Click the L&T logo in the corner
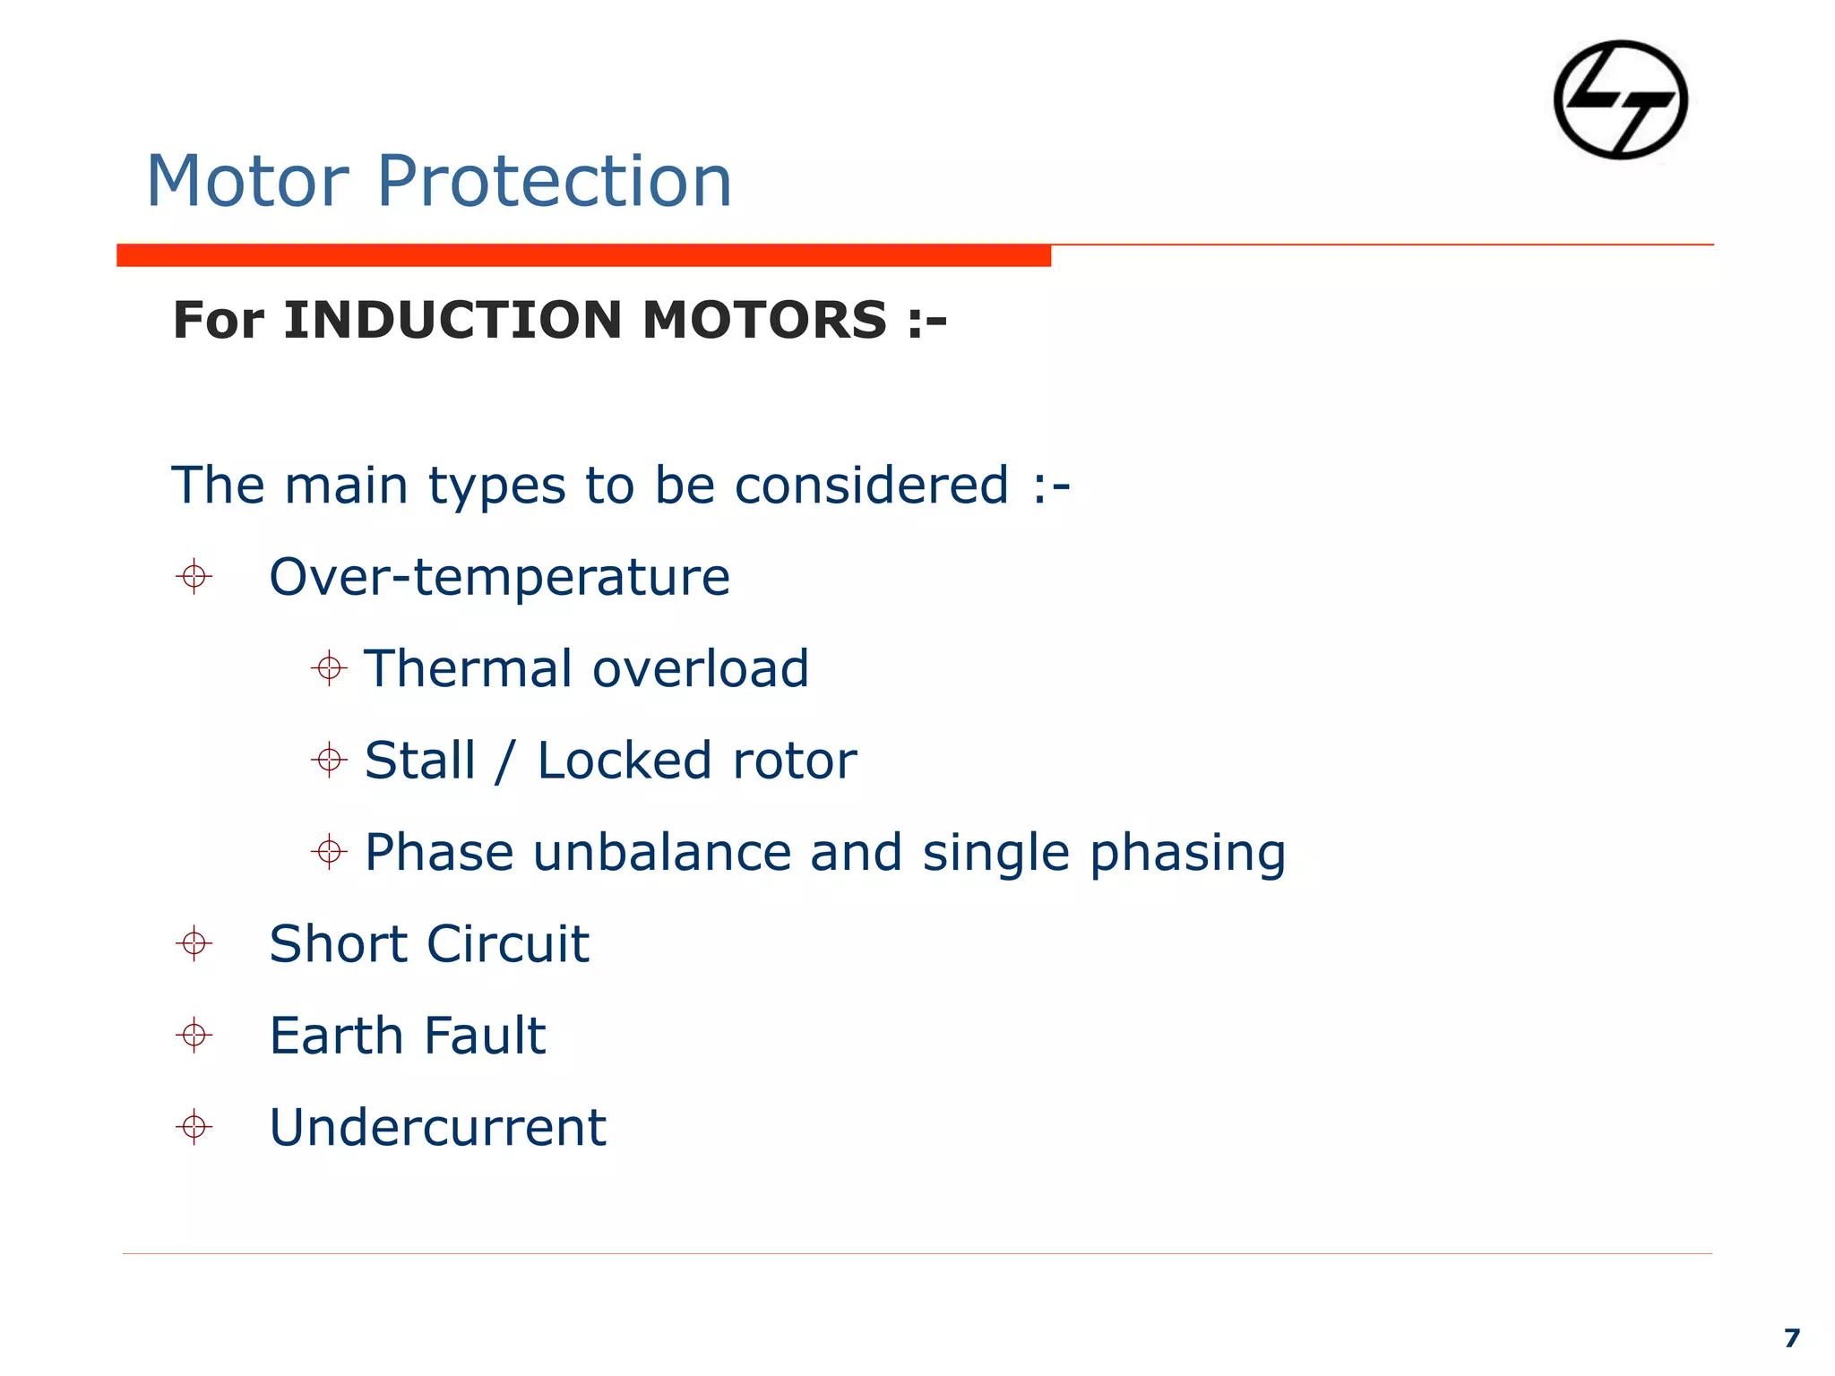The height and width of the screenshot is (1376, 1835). pyautogui.click(x=1620, y=99)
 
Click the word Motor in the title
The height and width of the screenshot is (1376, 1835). pyautogui.click(x=247, y=182)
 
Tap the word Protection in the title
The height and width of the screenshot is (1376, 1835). pyautogui.click(x=554, y=182)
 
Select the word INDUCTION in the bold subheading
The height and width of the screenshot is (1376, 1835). pyautogui.click(x=452, y=320)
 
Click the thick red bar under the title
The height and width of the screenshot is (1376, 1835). pyautogui.click(x=583, y=255)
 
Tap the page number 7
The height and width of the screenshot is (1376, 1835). pyautogui.click(x=1791, y=1337)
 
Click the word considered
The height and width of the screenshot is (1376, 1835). pyautogui.click(x=871, y=486)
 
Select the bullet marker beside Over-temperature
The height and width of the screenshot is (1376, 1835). pyautogui.click(x=194, y=576)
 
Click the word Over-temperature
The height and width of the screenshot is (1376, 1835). pyautogui.click(x=499, y=577)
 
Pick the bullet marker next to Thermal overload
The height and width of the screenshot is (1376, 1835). pyautogui.click(x=329, y=668)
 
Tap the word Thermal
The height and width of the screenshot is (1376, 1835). pyautogui.click(x=468, y=668)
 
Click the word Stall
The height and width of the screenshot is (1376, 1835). pyautogui.click(x=419, y=761)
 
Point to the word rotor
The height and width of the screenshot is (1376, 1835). pyautogui.click(x=794, y=761)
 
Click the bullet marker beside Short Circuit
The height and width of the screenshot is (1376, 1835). pyautogui.click(x=194, y=943)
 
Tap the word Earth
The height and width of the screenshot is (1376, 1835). pyautogui.click(x=337, y=1036)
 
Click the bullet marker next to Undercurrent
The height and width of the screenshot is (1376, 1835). pyautogui.click(x=194, y=1126)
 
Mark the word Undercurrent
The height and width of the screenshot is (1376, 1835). pyautogui.click(x=437, y=1127)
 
